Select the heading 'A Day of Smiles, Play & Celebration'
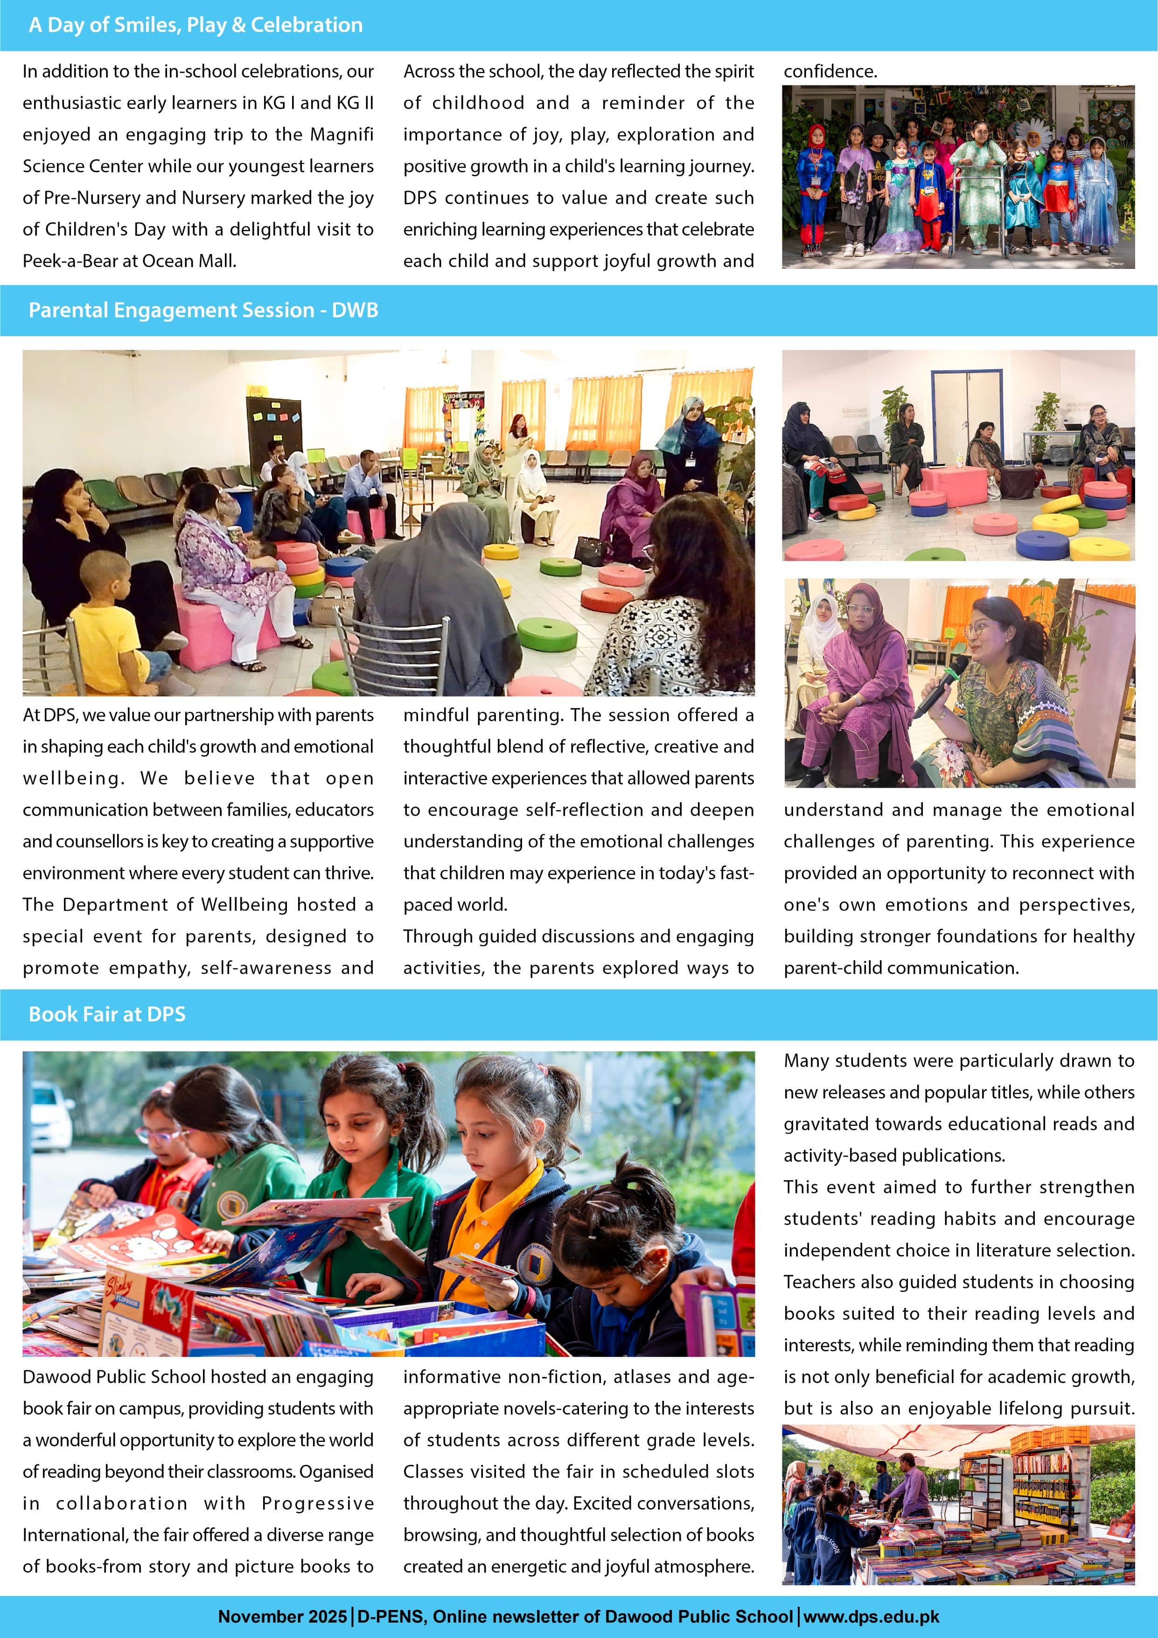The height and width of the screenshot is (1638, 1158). [195, 25]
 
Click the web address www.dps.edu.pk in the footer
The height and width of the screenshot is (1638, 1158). [872, 1617]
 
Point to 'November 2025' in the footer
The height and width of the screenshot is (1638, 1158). [282, 1617]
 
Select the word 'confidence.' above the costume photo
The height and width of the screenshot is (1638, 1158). [830, 71]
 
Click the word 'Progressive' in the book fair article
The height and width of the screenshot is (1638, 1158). [317, 1503]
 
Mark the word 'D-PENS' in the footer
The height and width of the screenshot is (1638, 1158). [389, 1617]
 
